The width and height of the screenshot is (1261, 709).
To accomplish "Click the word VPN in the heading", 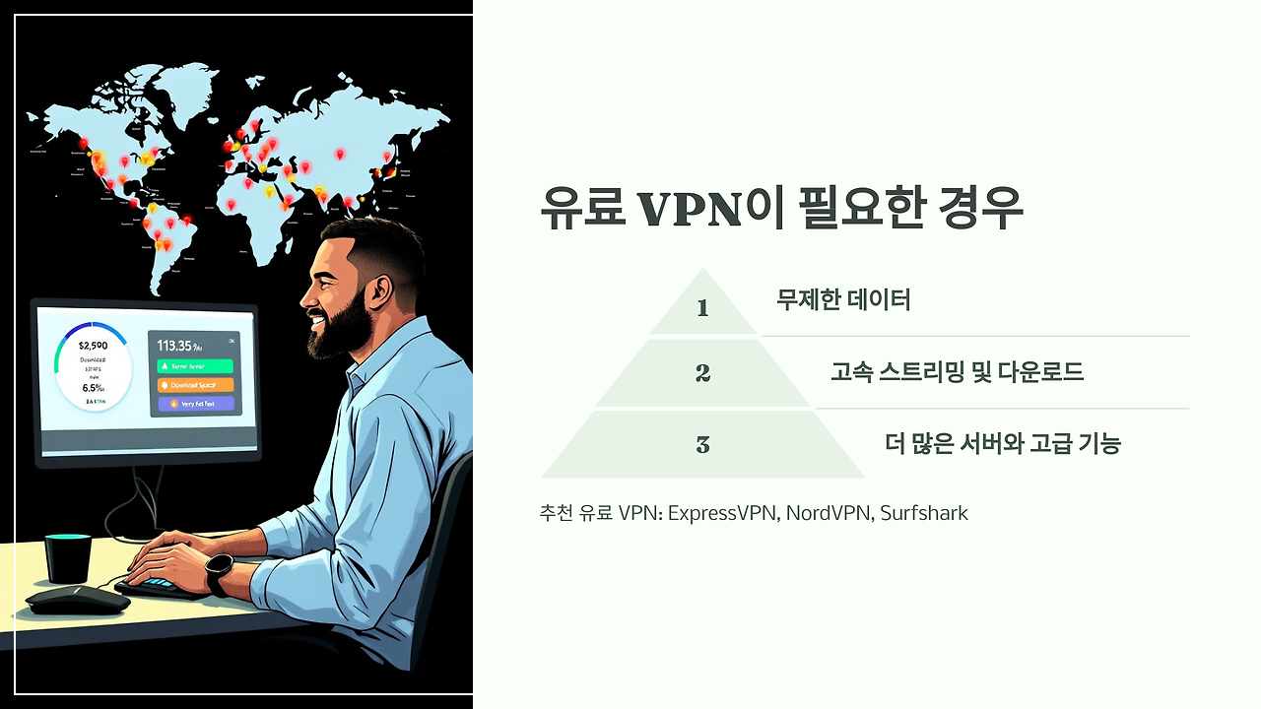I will [689, 209].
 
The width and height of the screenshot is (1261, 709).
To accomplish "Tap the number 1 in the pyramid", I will [702, 308].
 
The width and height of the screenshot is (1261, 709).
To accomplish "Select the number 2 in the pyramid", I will [702, 373].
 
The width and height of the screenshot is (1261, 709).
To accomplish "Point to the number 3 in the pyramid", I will [702, 445].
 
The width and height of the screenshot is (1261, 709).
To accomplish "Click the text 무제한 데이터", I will [842, 299].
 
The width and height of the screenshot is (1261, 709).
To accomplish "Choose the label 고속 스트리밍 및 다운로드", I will [957, 372].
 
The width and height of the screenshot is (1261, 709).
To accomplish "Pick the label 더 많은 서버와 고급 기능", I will [1003, 444].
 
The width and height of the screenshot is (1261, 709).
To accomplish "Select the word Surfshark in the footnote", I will [924, 513].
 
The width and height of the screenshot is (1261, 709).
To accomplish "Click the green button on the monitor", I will [195, 365].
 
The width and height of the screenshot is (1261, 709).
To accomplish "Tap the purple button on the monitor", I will [195, 404].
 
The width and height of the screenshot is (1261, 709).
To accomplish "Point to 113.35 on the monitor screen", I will [177, 345].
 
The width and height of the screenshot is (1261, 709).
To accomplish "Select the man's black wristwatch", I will [219, 572].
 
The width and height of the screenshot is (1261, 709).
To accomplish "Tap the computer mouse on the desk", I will [77, 599].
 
